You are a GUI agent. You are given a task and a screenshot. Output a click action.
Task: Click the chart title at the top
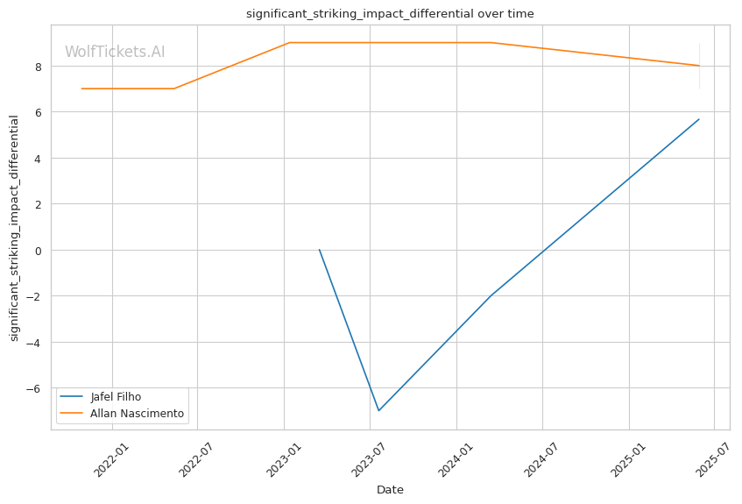[x=390, y=14]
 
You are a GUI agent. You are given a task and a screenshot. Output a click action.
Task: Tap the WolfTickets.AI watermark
[x=115, y=53]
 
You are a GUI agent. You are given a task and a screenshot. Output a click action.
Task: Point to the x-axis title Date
[x=390, y=490]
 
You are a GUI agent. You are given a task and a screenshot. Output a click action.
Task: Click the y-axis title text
[x=15, y=228]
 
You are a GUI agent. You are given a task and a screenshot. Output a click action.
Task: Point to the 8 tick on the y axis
[x=38, y=66]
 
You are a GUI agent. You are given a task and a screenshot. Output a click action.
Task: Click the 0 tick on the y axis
[x=38, y=250]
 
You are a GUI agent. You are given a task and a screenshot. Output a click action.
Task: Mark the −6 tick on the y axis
[x=34, y=388]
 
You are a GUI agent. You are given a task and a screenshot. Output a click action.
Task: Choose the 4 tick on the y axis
[x=38, y=158]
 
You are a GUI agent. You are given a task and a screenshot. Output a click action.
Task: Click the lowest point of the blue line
[x=378, y=410]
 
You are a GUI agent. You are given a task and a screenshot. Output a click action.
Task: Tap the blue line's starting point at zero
[x=320, y=250]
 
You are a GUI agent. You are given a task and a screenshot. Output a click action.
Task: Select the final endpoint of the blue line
[x=699, y=119]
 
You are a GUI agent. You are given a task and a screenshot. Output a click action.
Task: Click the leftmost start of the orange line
[x=81, y=89]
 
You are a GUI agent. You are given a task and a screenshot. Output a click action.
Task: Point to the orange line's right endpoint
[x=699, y=66]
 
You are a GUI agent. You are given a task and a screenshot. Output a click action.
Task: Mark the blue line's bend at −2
[x=491, y=295]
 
